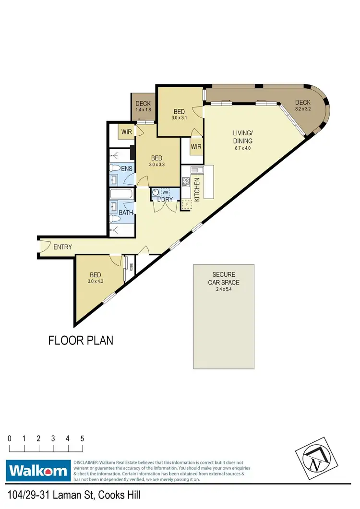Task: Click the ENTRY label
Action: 62,247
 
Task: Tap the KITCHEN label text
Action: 197,189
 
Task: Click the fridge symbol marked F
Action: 186,205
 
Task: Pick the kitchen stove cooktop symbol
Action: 186,182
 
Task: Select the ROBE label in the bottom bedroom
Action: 131,267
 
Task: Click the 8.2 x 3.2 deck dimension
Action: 303,109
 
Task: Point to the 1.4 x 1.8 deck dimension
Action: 143,110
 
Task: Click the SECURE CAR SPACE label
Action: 223,279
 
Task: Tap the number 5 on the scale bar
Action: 83,438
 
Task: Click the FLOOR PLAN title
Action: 81,341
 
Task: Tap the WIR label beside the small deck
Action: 127,131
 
